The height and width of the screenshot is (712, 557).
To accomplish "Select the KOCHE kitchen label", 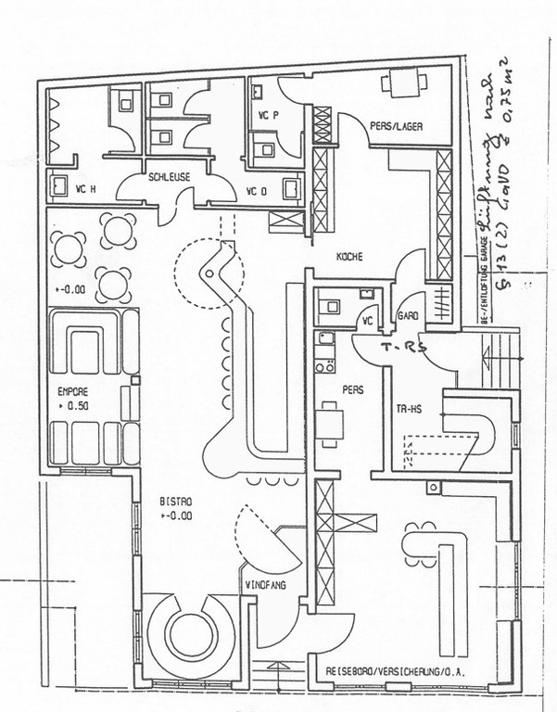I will (348, 257).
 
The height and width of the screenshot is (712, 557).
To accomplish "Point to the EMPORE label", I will (72, 391).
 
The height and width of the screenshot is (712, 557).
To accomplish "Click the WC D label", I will (257, 192).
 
